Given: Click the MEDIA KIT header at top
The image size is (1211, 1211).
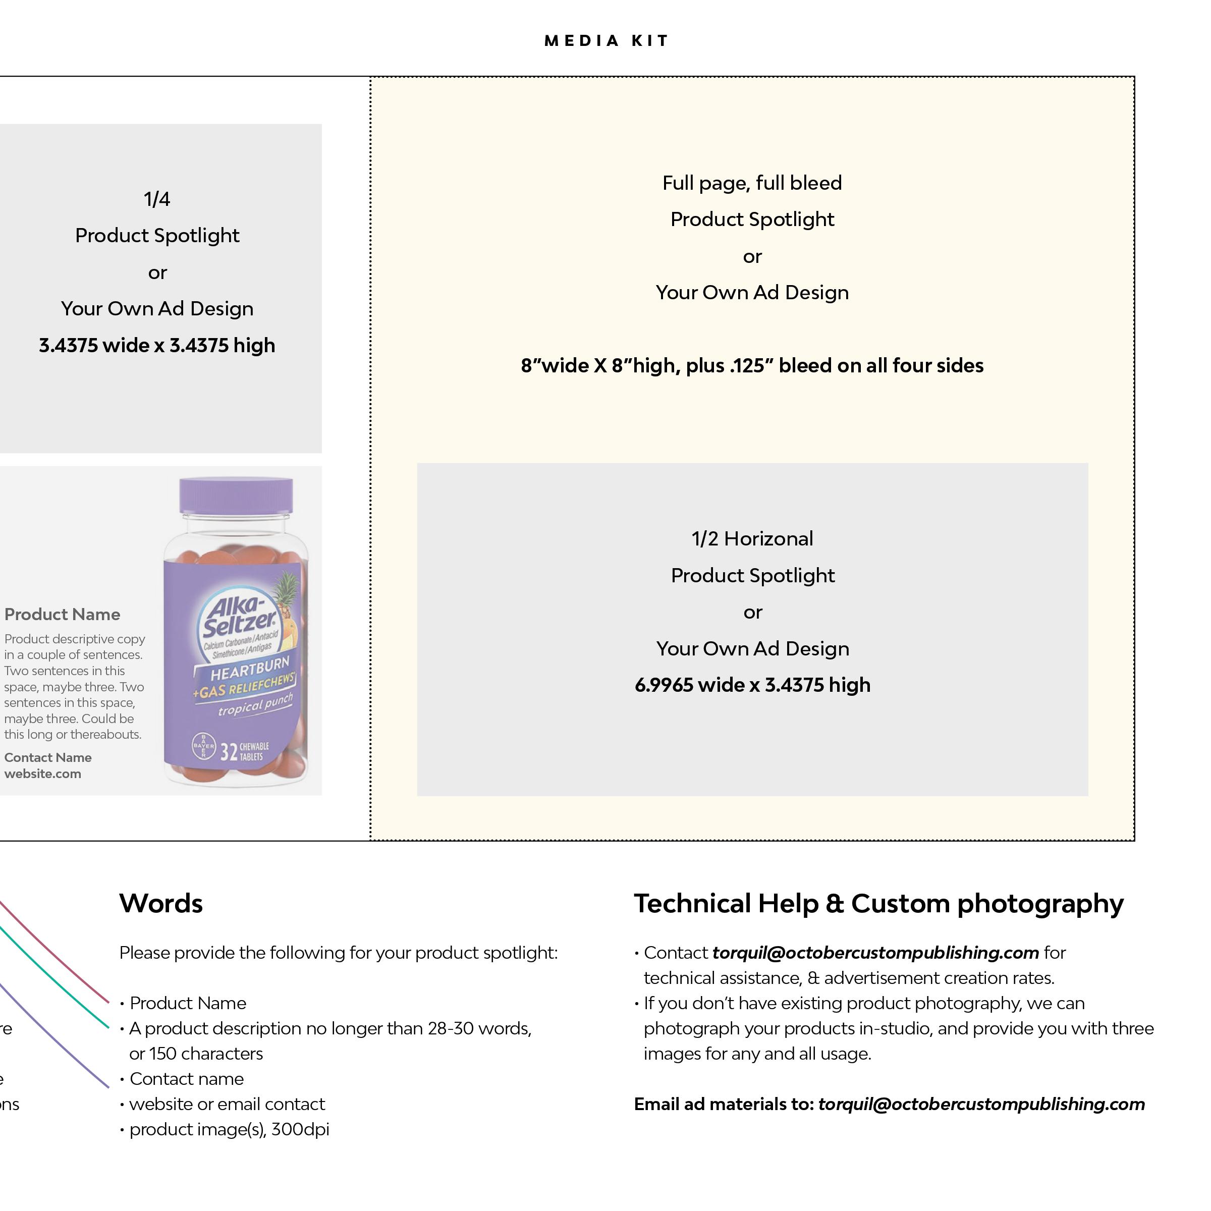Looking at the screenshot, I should (x=606, y=41).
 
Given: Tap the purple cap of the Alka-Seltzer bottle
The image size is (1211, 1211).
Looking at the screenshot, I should (x=236, y=495).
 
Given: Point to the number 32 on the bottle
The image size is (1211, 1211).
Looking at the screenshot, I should (x=229, y=751).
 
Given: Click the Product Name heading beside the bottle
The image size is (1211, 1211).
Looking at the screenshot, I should (x=62, y=614).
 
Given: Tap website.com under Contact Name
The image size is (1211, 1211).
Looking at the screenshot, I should (x=42, y=774).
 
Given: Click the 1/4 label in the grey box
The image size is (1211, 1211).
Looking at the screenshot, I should (x=157, y=199).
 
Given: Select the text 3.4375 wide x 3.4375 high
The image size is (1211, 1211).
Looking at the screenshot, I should (x=157, y=345).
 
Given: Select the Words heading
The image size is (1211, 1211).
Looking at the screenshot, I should (x=161, y=903).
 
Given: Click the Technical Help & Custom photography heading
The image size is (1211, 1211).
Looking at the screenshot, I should (x=878, y=903).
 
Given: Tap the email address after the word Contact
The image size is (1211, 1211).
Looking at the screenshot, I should (x=875, y=953).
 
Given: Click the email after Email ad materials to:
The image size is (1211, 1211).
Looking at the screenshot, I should (x=981, y=1104).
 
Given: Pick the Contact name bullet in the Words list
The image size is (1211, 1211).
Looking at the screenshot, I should (x=186, y=1079).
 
